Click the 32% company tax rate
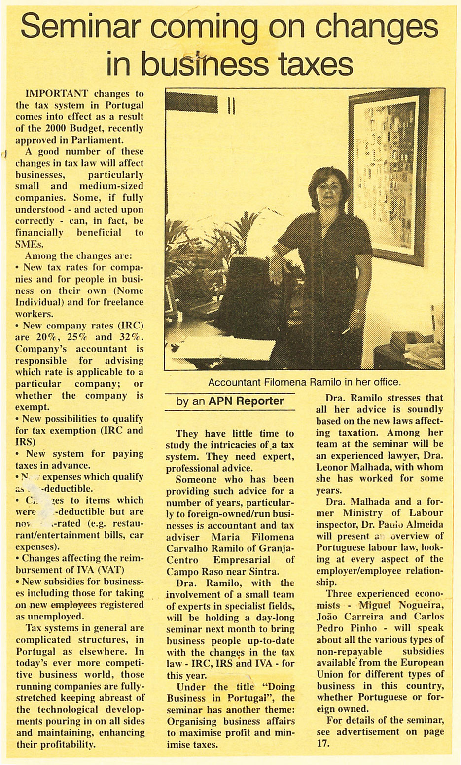pyautogui.click(x=130, y=337)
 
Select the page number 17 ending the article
pyautogui.click(x=320, y=744)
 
